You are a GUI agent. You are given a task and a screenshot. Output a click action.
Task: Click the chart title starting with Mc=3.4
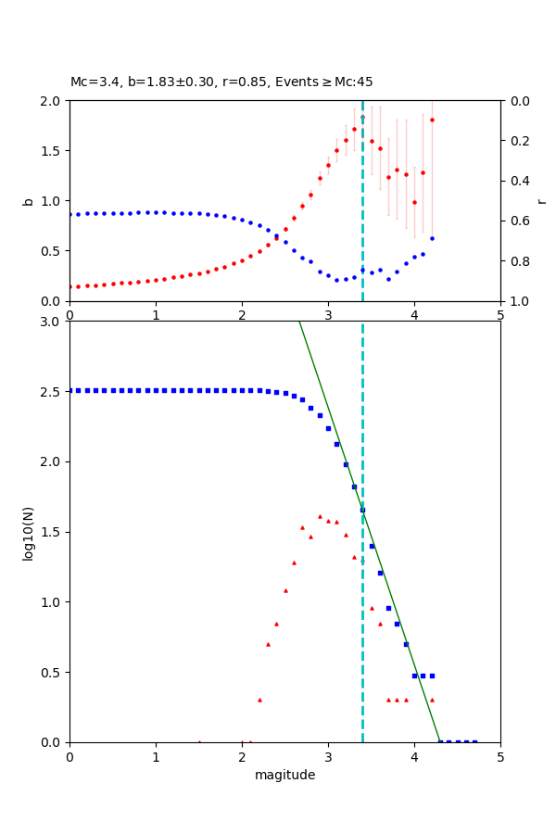(221, 82)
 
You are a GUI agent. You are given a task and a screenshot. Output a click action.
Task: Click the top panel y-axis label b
(28, 201)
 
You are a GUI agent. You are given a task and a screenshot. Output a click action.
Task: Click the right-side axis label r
(541, 201)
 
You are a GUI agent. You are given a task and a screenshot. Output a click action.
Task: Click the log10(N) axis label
(28, 532)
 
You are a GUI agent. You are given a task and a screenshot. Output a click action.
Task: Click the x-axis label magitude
(284, 776)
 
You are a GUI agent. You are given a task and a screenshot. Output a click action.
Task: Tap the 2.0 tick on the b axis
(54, 100)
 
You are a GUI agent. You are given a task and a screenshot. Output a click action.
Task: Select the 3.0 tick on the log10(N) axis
(54, 322)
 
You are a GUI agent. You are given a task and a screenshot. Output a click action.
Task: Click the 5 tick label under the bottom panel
(500, 757)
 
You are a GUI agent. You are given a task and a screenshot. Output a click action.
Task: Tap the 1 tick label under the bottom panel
(156, 757)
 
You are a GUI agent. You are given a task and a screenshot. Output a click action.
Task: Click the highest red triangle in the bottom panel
(320, 516)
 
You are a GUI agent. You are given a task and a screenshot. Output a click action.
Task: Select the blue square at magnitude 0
(69, 390)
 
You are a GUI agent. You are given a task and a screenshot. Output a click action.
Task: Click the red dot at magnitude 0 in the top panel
(69, 286)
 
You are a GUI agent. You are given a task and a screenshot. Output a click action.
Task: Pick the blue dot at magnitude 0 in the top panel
(69, 214)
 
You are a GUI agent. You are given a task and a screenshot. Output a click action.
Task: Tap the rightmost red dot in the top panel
(432, 120)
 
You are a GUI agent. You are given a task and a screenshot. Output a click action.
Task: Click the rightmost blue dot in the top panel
(432, 238)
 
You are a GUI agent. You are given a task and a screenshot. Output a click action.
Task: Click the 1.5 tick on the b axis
(54, 151)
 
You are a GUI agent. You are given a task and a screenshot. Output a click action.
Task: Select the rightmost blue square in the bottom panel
(474, 742)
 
